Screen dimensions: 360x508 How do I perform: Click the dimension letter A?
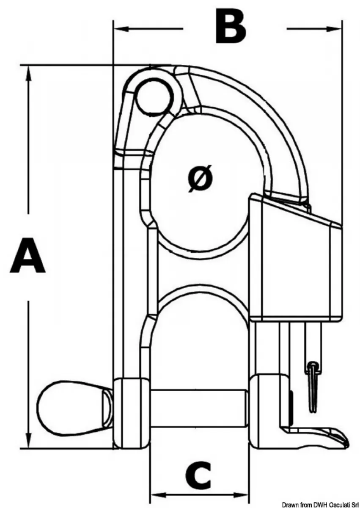[x=27, y=255]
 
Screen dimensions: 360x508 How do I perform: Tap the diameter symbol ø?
[x=200, y=179]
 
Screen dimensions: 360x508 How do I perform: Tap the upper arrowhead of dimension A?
[x=28, y=74]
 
